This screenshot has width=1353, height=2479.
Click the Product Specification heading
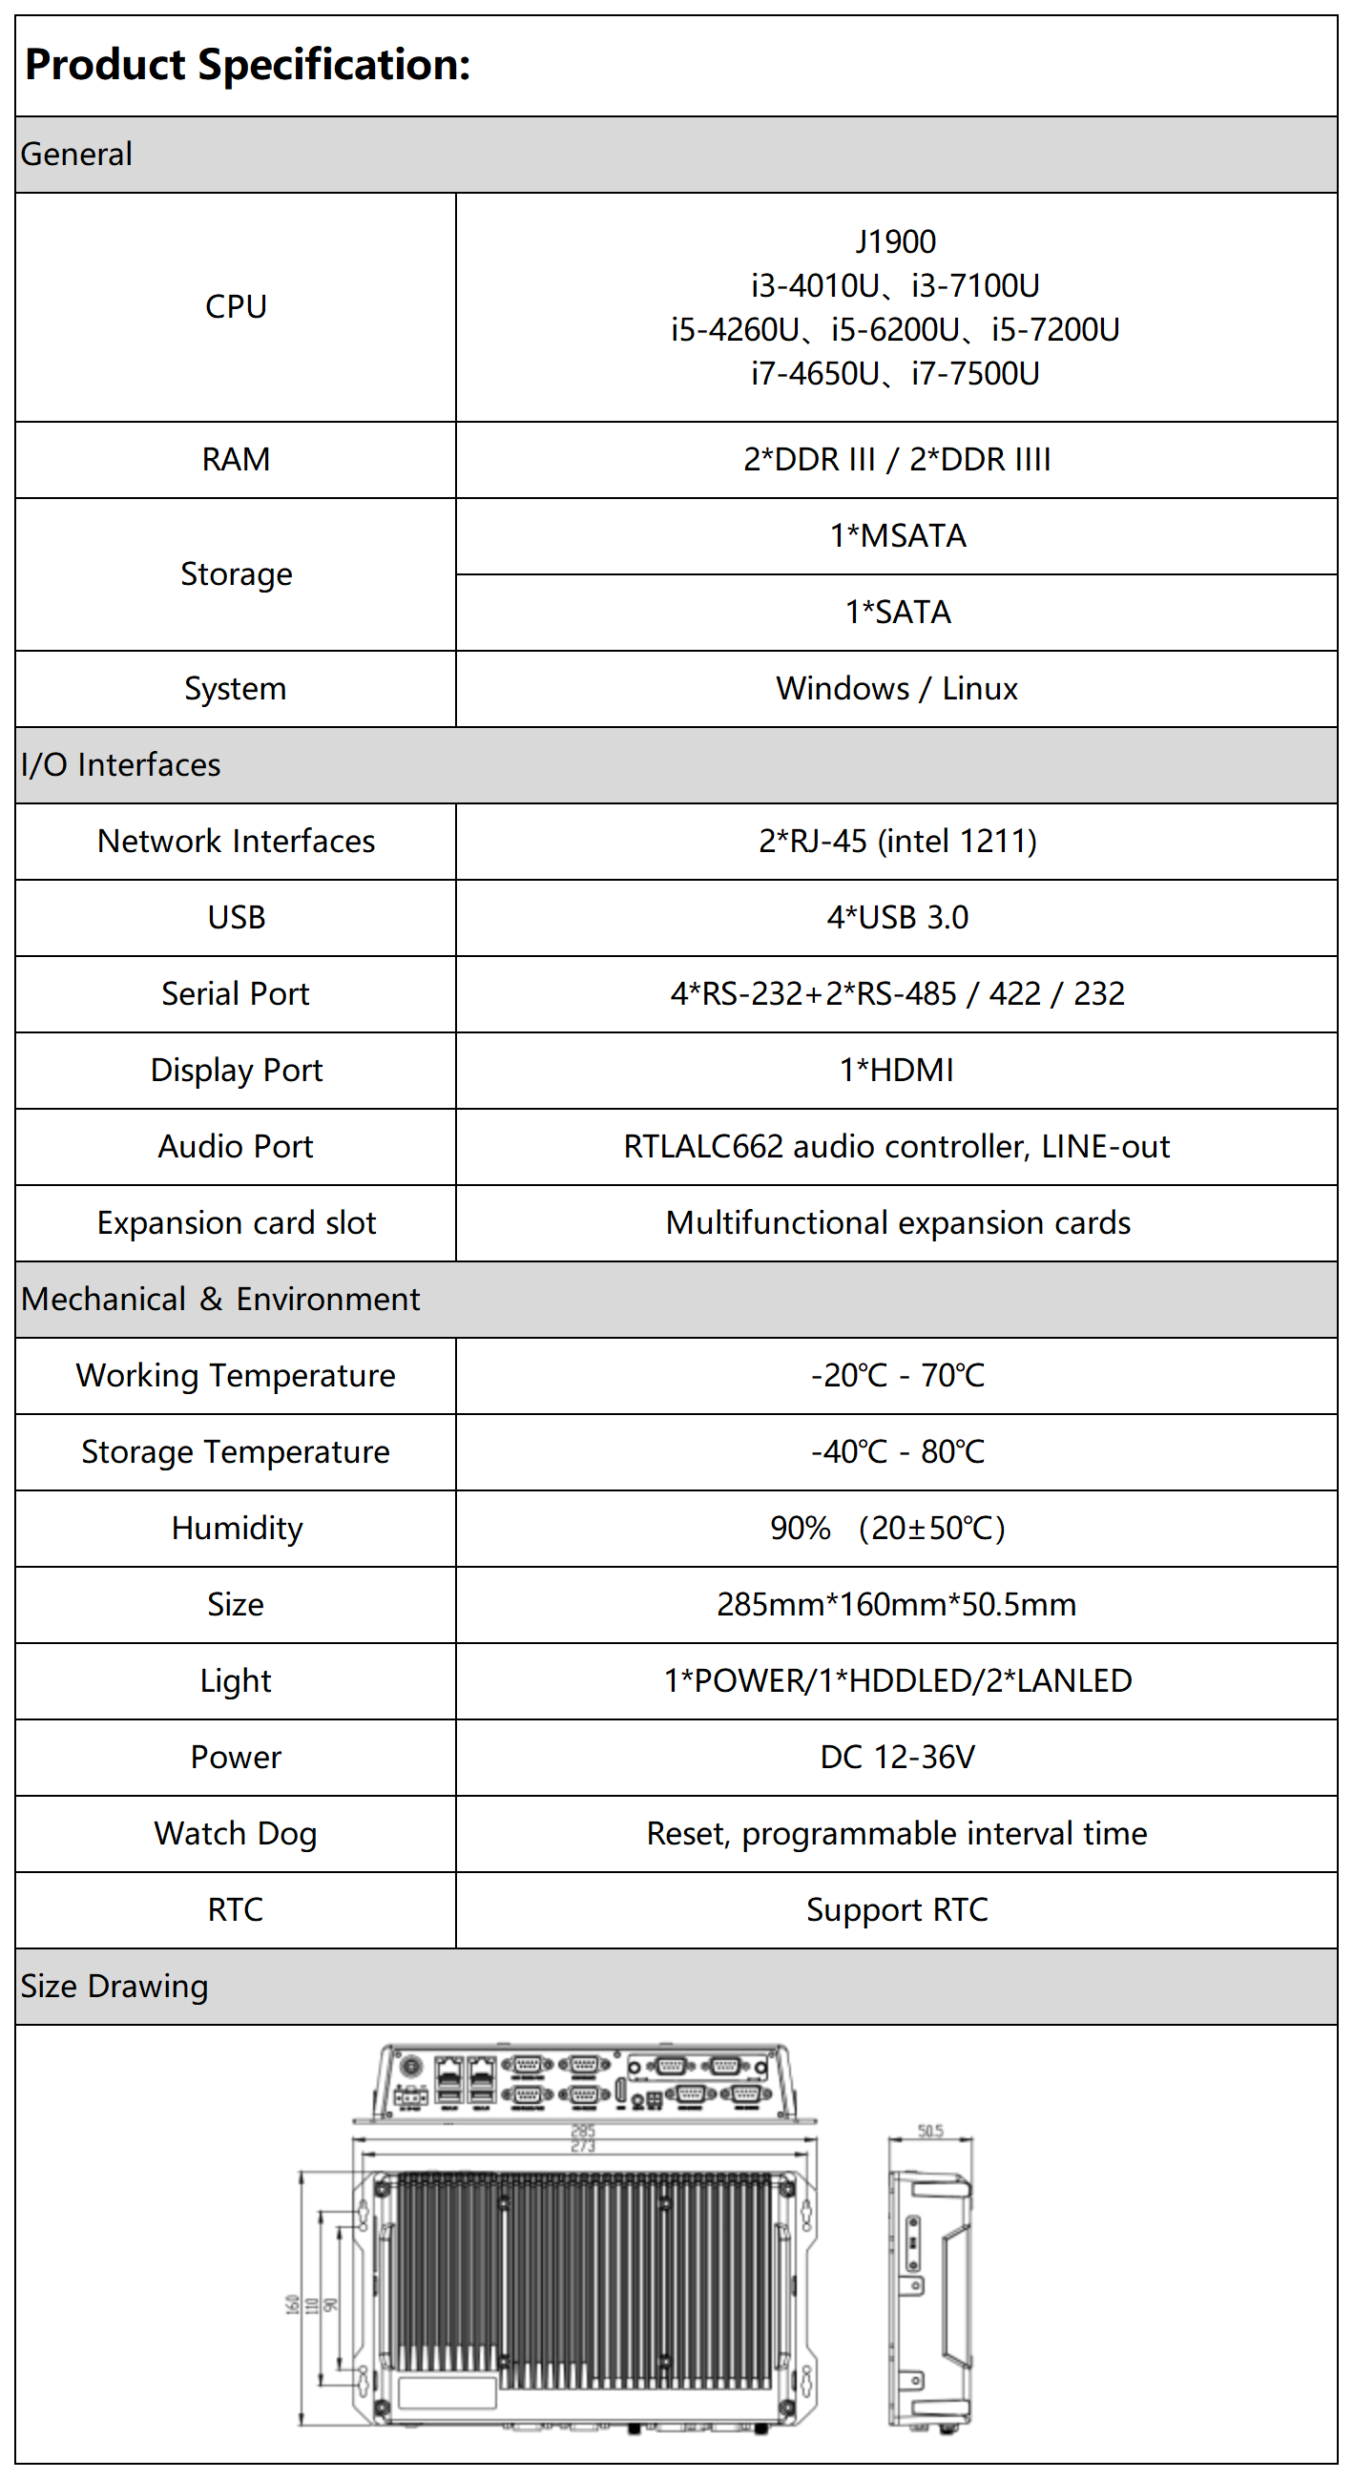pyautogui.click(x=247, y=65)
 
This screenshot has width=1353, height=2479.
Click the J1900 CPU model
pyautogui.click(x=895, y=241)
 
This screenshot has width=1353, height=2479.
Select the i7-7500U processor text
pyautogui.click(x=975, y=373)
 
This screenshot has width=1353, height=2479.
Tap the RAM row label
pyautogui.click(x=236, y=460)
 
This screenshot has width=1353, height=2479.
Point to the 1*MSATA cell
pyautogui.click(x=897, y=536)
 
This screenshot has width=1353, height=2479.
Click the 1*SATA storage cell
pyautogui.click(x=897, y=612)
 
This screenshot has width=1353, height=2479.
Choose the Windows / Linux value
pyautogui.click(x=896, y=688)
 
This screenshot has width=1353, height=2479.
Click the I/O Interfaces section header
pyautogui.click(x=121, y=765)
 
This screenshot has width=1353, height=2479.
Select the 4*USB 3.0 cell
pyautogui.click(x=897, y=917)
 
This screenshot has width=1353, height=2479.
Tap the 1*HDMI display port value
pyautogui.click(x=896, y=1070)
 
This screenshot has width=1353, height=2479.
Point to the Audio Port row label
pyautogui.click(x=236, y=1146)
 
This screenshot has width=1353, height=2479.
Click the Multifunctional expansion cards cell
pyautogui.click(x=897, y=1223)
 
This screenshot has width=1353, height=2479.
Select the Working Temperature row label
pyautogui.click(x=236, y=1375)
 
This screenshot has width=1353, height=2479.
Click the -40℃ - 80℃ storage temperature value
pyautogui.click(x=897, y=1451)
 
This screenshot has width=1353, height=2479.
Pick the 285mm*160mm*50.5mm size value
pyautogui.click(x=896, y=1604)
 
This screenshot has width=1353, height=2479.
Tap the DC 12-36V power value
pyautogui.click(x=897, y=1758)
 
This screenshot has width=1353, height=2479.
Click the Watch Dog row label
pyautogui.click(x=236, y=1833)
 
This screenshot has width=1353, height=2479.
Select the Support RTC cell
pyautogui.click(x=897, y=1910)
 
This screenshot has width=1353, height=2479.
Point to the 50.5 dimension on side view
pyautogui.click(x=929, y=2131)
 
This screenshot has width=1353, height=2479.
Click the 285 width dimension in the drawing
pyautogui.click(x=583, y=2131)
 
